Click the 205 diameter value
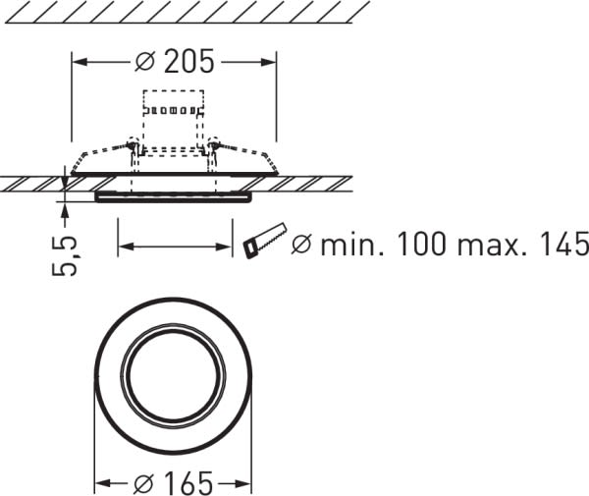pyautogui.click(x=189, y=61)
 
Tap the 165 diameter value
pyautogui.click(x=188, y=483)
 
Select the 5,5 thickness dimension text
pyautogui.click(x=65, y=255)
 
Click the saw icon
pyautogui.click(x=265, y=241)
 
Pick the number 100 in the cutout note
pyautogui.click(x=421, y=245)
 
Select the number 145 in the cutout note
pyautogui.click(x=563, y=245)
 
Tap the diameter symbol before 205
pyautogui.click(x=144, y=61)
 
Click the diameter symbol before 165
pyautogui.click(x=144, y=483)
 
